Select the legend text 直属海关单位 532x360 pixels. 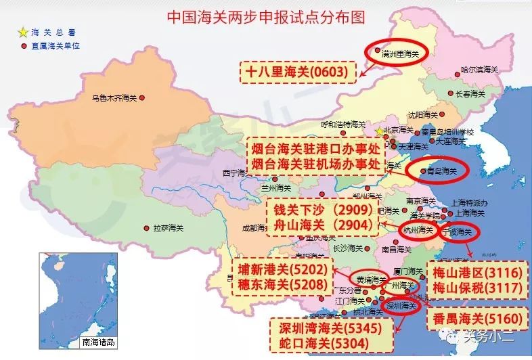coord(57,46)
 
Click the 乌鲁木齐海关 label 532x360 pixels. coord(114,98)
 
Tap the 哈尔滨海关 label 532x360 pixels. coord(479,68)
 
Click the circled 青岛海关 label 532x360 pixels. coord(441,172)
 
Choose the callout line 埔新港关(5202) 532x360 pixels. coord(283,269)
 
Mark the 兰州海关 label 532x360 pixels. coord(275,187)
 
